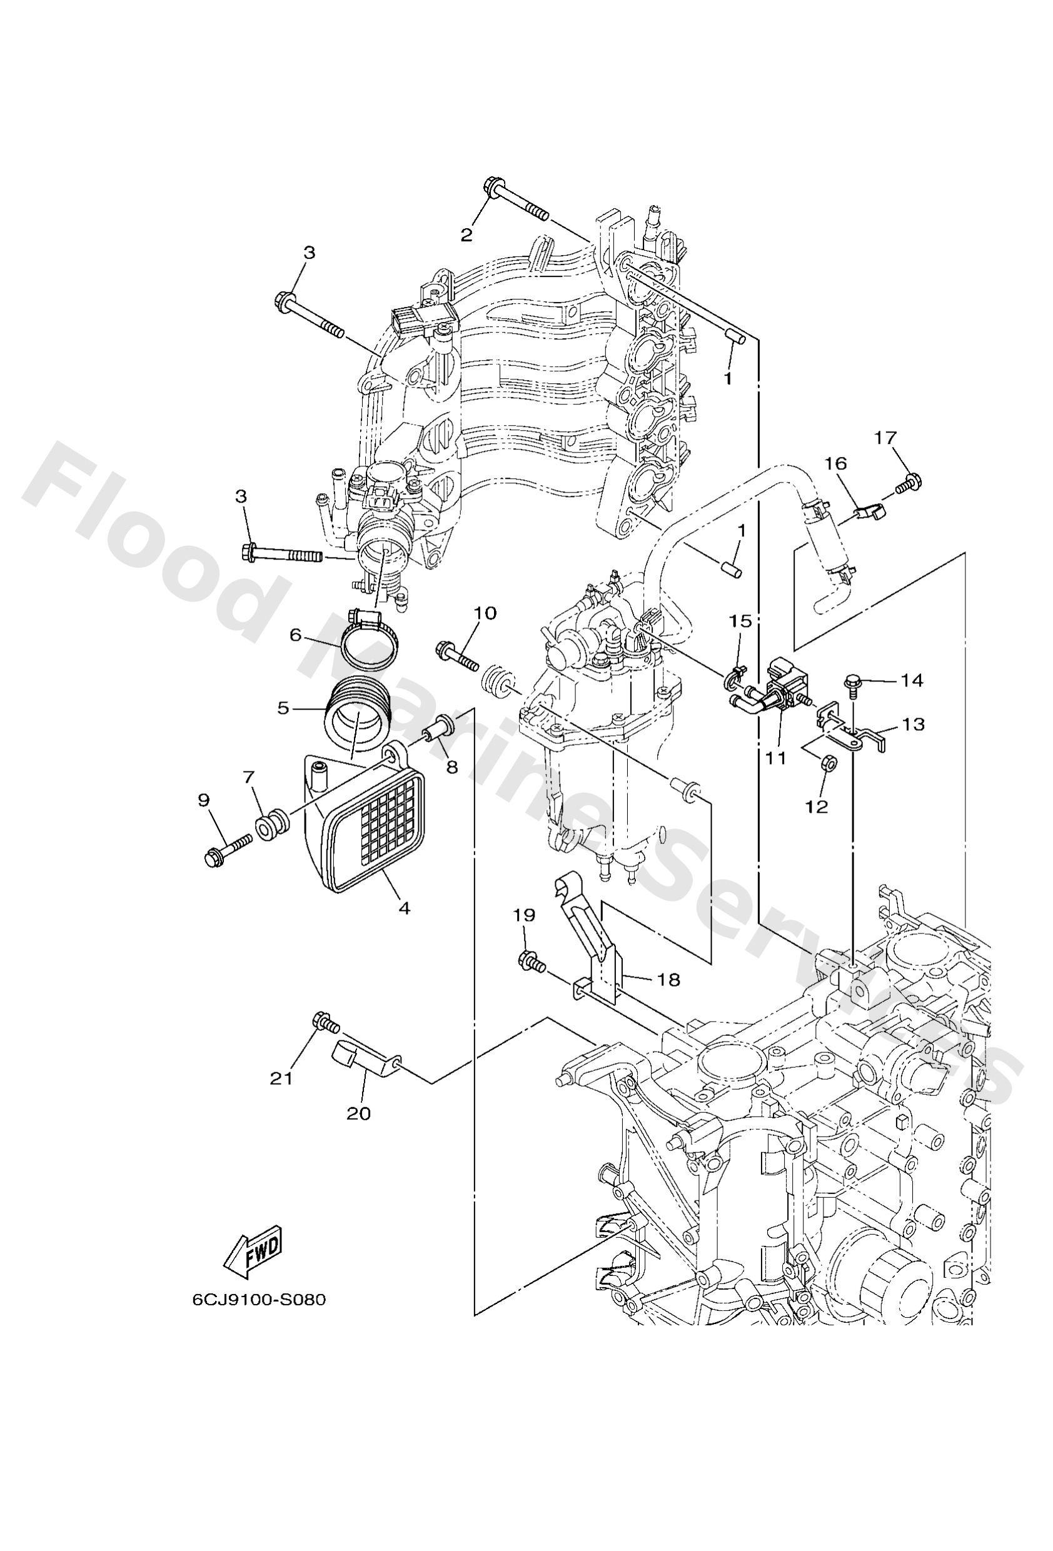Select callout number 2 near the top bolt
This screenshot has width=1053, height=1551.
tap(466, 234)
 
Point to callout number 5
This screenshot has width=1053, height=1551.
tap(284, 708)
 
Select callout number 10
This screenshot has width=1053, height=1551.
tap(485, 613)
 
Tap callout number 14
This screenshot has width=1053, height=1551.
tap(912, 680)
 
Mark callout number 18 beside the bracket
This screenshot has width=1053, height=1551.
tap(668, 979)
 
